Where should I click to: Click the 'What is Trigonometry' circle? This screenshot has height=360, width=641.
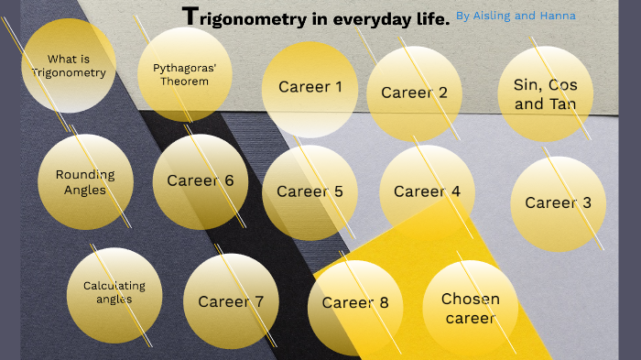pos(69,66)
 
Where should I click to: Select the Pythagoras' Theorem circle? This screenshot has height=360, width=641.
pos(180,74)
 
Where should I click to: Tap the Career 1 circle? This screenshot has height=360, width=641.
pos(310,88)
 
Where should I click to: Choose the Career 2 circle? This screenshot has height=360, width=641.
pos(414,93)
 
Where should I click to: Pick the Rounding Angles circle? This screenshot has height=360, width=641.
pos(85,181)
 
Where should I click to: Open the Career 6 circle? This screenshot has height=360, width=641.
pos(201,180)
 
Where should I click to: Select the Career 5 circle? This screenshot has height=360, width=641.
pos(310,191)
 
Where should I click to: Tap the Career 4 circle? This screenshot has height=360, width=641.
pos(427,191)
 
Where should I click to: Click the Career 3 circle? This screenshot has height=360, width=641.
pos(558,202)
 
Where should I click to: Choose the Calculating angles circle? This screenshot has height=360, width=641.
pos(114,292)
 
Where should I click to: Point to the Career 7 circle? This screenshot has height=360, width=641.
pos(231,301)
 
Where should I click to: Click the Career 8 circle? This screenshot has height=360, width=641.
pos(355,303)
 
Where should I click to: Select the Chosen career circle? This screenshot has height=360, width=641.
pos(471,308)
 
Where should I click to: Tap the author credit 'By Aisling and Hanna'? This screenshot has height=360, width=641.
pos(516,16)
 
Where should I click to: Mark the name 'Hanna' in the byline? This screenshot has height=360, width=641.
pos(558,16)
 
